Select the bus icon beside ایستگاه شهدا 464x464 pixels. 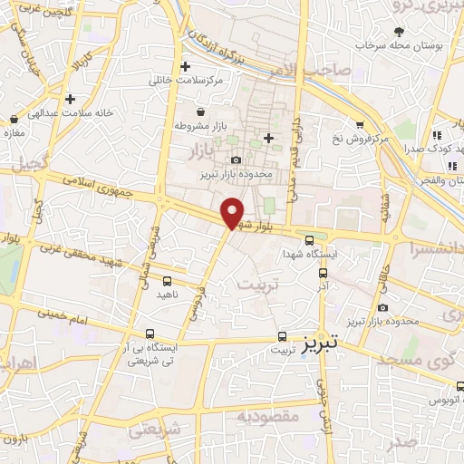[311, 240]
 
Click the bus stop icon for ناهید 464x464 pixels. [168, 280]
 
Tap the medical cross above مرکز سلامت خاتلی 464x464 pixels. [185, 66]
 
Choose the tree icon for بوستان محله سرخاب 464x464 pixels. [399, 33]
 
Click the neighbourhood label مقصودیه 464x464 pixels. [267, 416]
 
